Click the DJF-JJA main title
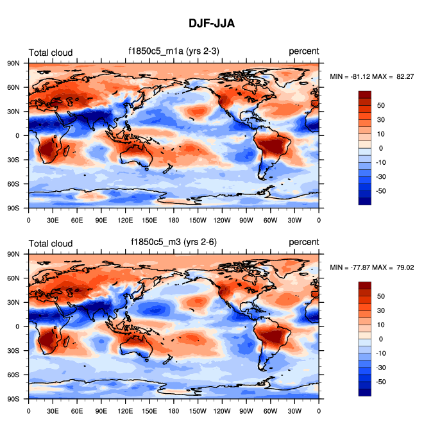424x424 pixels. [x=212, y=24]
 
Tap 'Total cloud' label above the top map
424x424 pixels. [x=51, y=53]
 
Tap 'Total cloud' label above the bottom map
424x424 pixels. [x=51, y=242]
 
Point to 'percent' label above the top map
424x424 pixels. [x=303, y=52]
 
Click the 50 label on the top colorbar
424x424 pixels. [x=380, y=105]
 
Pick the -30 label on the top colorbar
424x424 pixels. [x=380, y=177]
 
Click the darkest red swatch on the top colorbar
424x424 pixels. [x=364, y=94]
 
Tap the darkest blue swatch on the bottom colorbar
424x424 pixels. [x=364, y=392]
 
